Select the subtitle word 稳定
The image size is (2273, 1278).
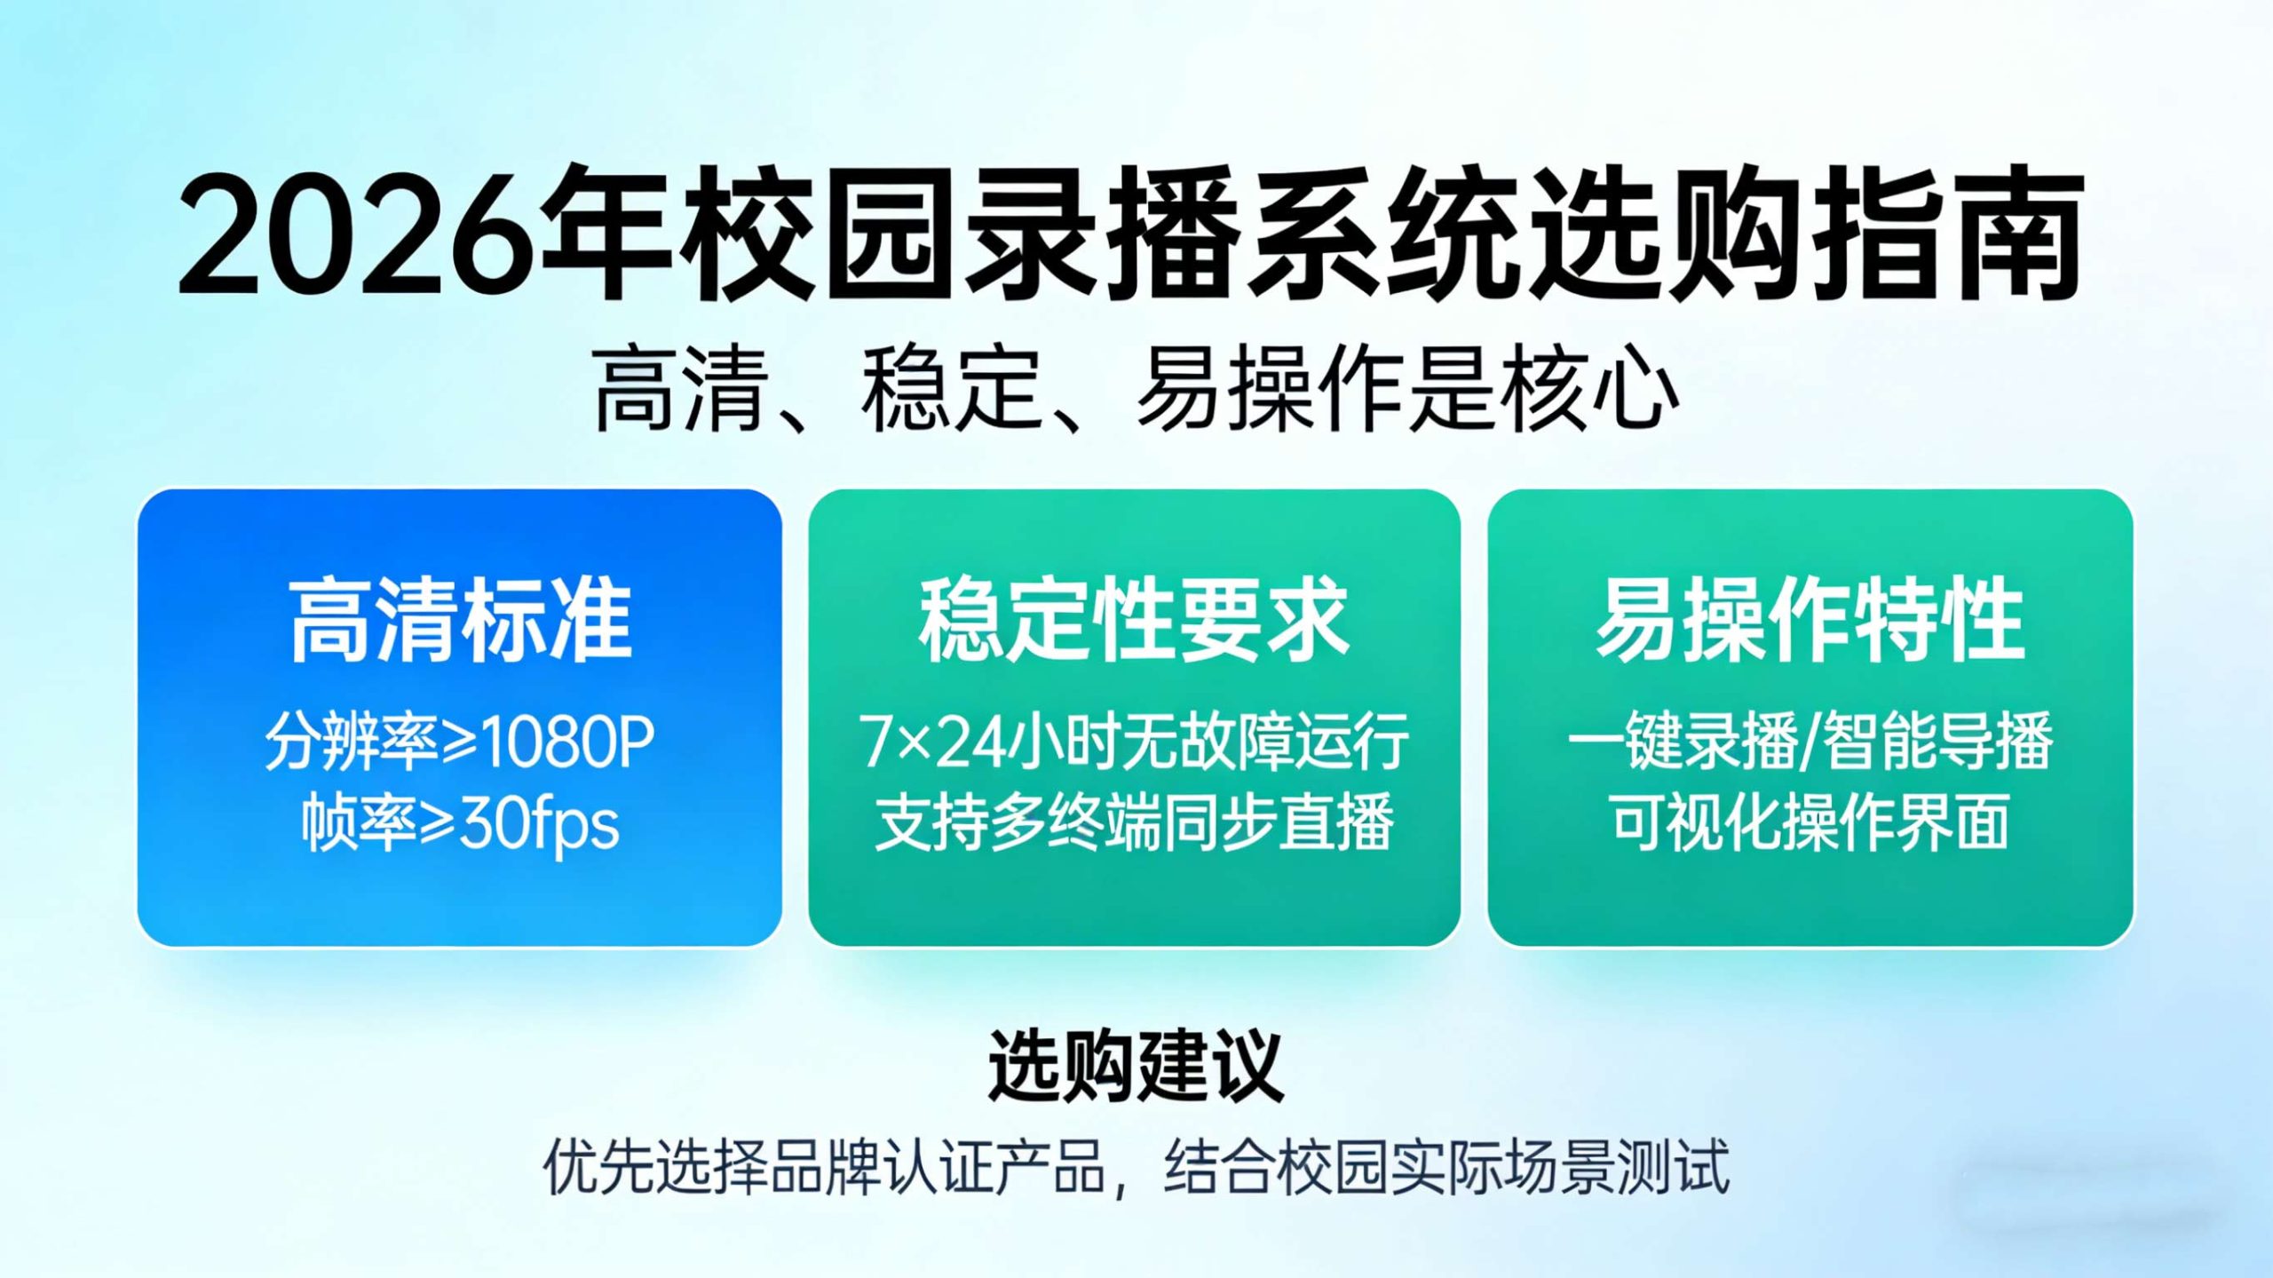[x=950, y=391]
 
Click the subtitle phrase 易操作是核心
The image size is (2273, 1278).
[x=1407, y=391]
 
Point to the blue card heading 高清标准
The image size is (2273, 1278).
[x=460, y=620]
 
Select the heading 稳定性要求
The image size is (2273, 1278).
[x=1134, y=620]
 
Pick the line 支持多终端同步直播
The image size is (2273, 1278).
[x=1134, y=824]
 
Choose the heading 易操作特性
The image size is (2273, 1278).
[x=1810, y=620]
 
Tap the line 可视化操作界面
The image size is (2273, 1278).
[x=1810, y=824]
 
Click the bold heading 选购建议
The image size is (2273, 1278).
[x=1136, y=1066]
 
